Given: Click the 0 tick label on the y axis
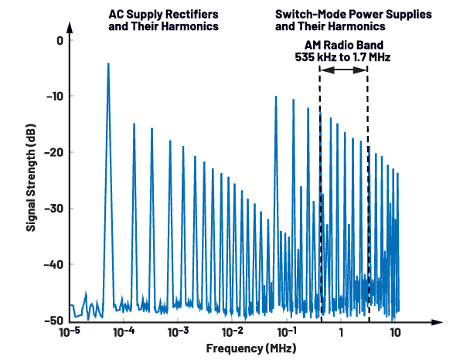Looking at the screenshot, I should (x=58, y=39).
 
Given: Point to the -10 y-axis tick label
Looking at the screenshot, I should (x=53, y=97).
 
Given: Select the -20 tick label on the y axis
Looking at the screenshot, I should (x=53, y=153).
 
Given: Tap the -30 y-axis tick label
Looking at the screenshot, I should (x=53, y=209).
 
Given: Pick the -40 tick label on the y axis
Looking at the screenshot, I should (x=53, y=265).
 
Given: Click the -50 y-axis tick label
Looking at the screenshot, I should (x=53, y=321).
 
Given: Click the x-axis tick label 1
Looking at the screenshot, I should (x=341, y=334).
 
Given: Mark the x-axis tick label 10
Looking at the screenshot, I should (x=395, y=334).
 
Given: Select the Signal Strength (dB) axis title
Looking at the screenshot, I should (x=31, y=179).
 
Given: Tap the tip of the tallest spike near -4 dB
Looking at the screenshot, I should (x=108, y=64).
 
